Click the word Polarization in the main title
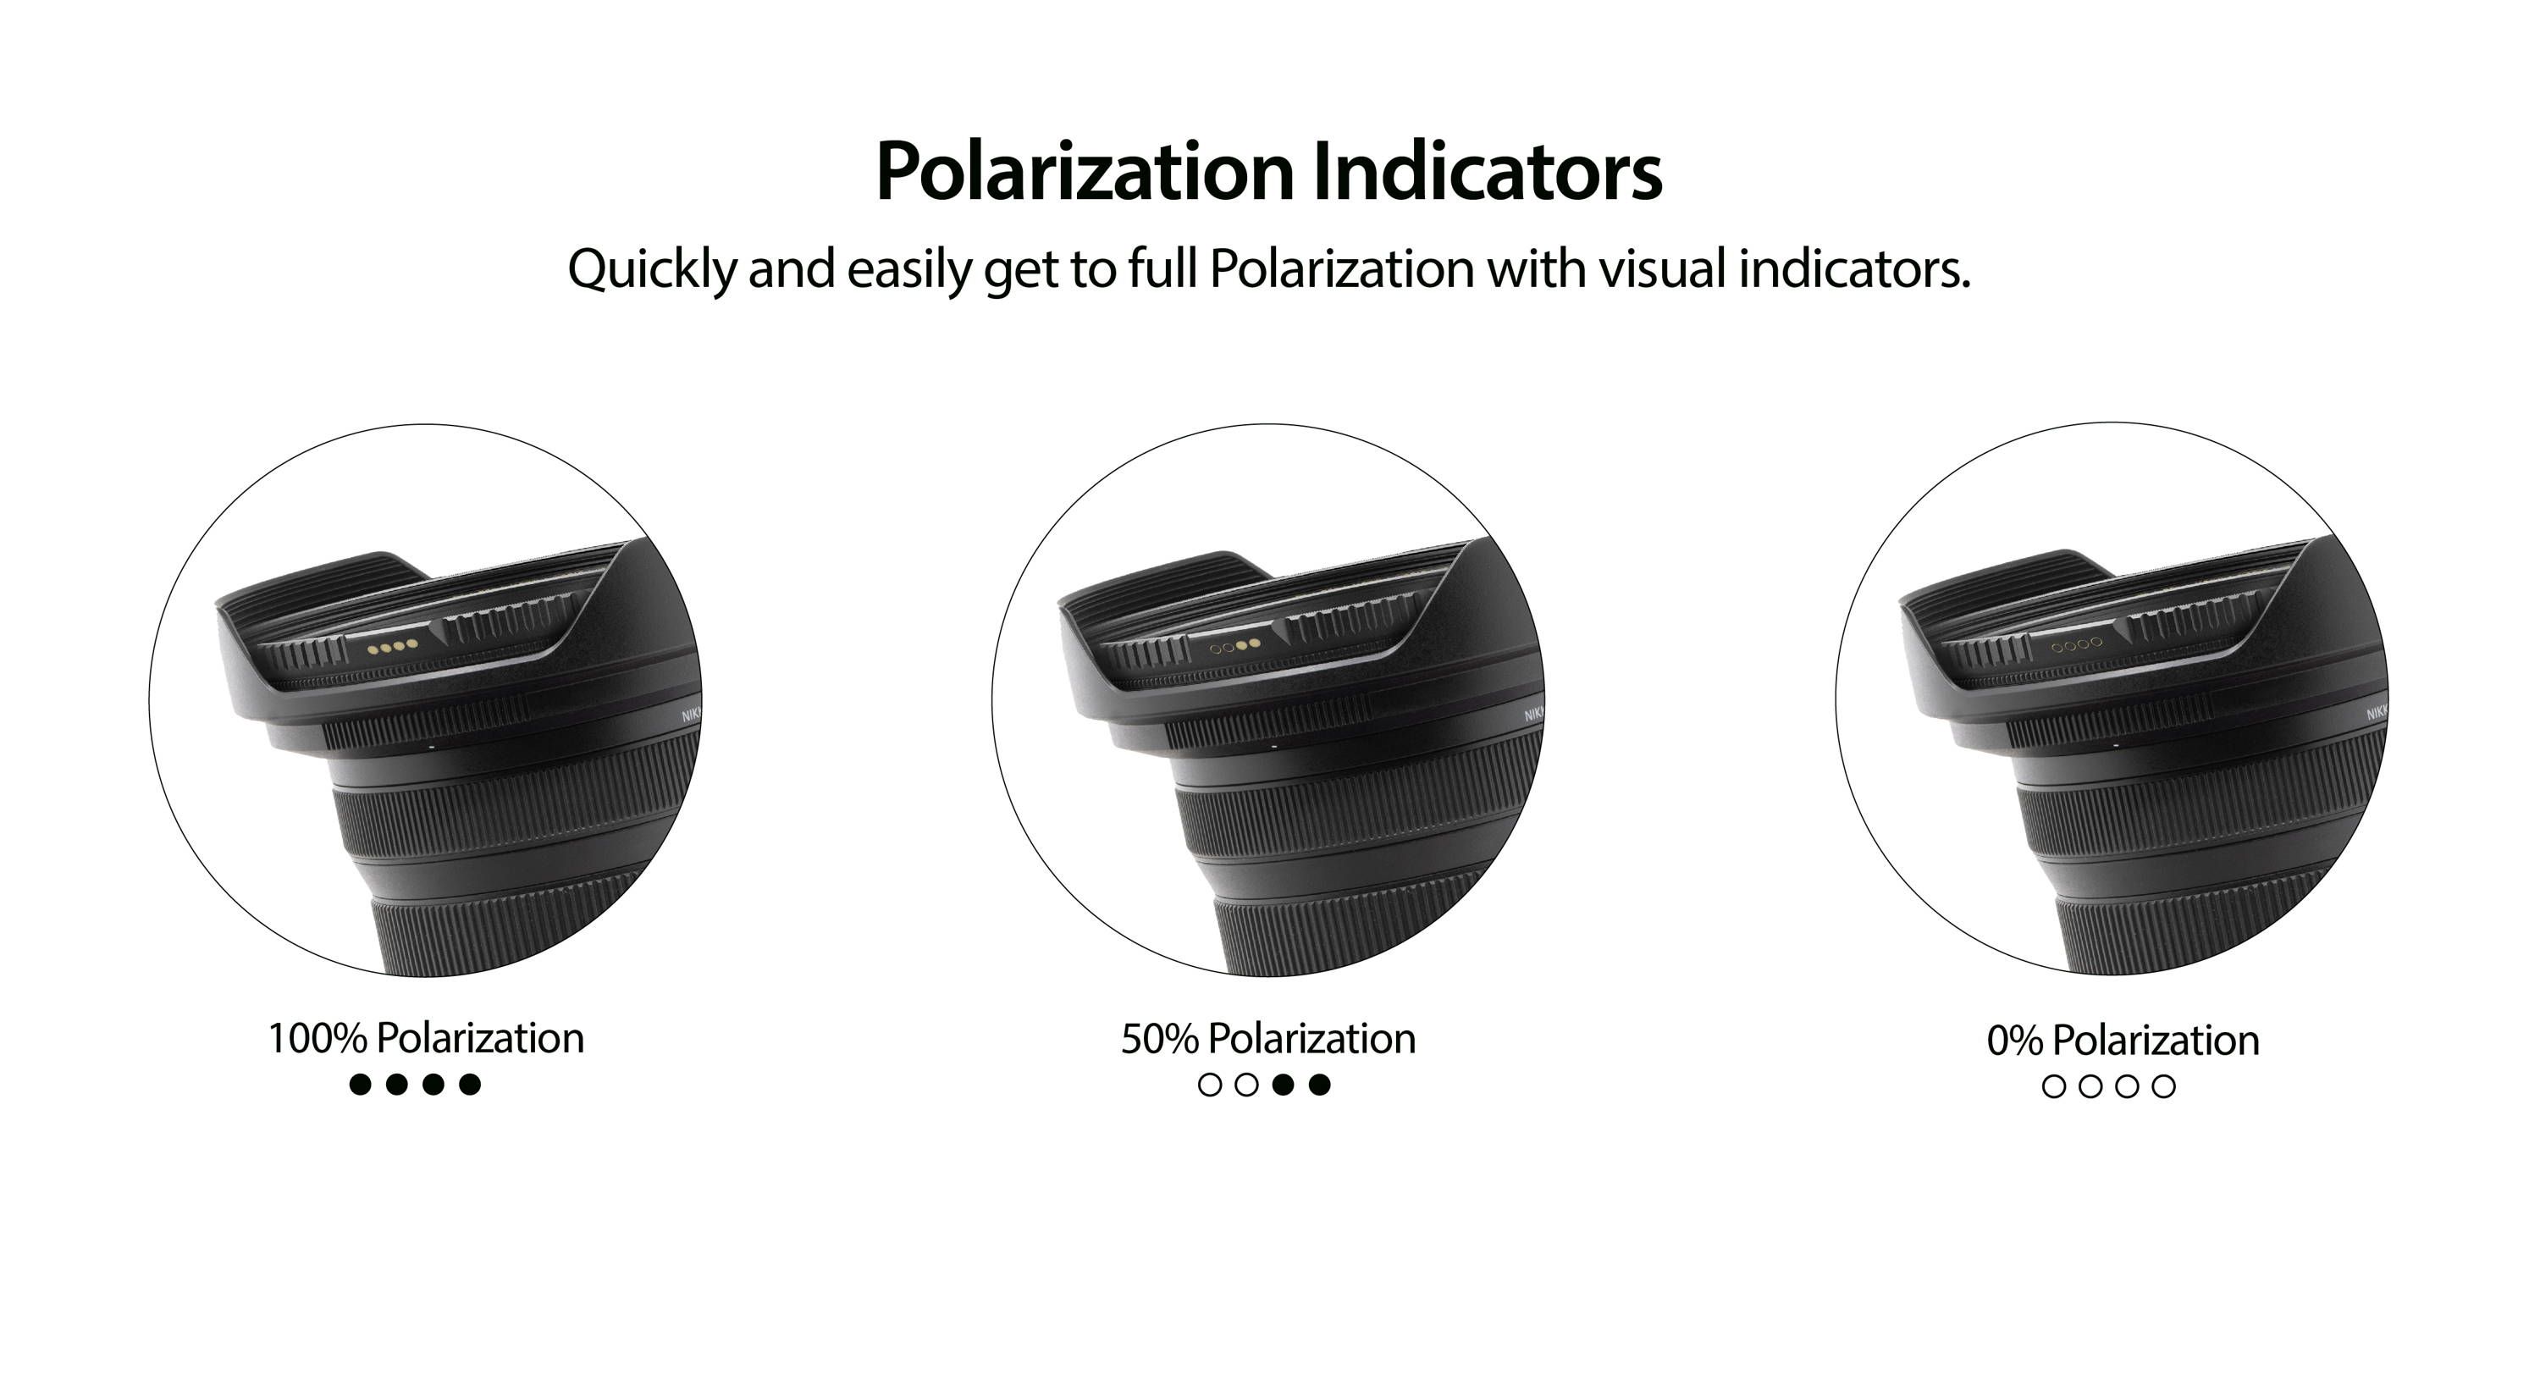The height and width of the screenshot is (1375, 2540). (x=1085, y=172)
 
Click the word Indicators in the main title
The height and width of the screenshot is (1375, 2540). (x=1488, y=172)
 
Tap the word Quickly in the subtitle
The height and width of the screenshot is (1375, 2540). (x=652, y=269)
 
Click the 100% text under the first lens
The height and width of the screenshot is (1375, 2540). (x=317, y=1039)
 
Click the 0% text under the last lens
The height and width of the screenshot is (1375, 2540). (x=2014, y=1041)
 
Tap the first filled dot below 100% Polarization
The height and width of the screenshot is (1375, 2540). (x=361, y=1085)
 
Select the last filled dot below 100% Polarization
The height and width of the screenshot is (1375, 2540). (x=471, y=1085)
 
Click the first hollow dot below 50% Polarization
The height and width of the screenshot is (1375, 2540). (x=1210, y=1085)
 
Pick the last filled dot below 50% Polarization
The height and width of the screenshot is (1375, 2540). (x=1319, y=1085)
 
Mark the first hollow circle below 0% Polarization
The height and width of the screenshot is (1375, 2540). (x=2054, y=1087)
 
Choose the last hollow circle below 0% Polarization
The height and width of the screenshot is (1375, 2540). (x=2163, y=1087)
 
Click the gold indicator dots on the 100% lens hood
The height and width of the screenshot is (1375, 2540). (x=391, y=647)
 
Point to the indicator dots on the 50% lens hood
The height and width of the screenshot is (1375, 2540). (x=1234, y=646)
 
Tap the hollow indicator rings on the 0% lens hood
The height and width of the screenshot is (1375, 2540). (x=2077, y=645)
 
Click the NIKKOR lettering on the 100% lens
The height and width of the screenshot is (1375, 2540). (x=691, y=715)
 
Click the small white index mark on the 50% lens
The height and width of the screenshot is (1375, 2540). (x=1274, y=747)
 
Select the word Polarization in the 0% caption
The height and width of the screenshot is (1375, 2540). (x=2156, y=1041)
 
